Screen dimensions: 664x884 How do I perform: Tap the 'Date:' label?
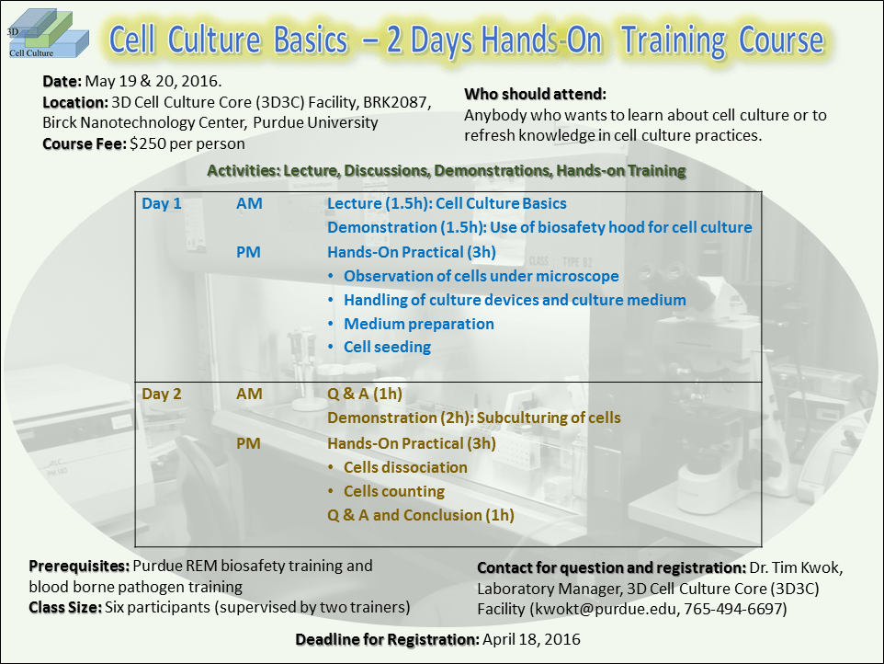[62, 82]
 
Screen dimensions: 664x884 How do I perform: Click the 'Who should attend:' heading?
[535, 95]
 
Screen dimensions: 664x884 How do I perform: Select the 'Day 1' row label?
[162, 203]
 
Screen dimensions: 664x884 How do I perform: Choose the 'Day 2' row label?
[162, 394]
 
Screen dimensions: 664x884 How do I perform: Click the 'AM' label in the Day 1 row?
[249, 203]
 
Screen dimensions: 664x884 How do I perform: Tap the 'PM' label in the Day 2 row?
[249, 443]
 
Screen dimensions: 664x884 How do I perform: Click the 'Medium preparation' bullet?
[418, 324]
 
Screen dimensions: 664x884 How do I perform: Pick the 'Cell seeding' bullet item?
[387, 348]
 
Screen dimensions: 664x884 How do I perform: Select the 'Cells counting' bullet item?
[393, 491]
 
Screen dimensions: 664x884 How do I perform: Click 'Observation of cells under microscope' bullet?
[481, 276]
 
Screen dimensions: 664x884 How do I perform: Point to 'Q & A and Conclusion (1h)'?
[420, 515]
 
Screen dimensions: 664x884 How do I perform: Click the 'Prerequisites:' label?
[79, 566]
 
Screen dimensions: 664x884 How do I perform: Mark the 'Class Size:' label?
[65, 607]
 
